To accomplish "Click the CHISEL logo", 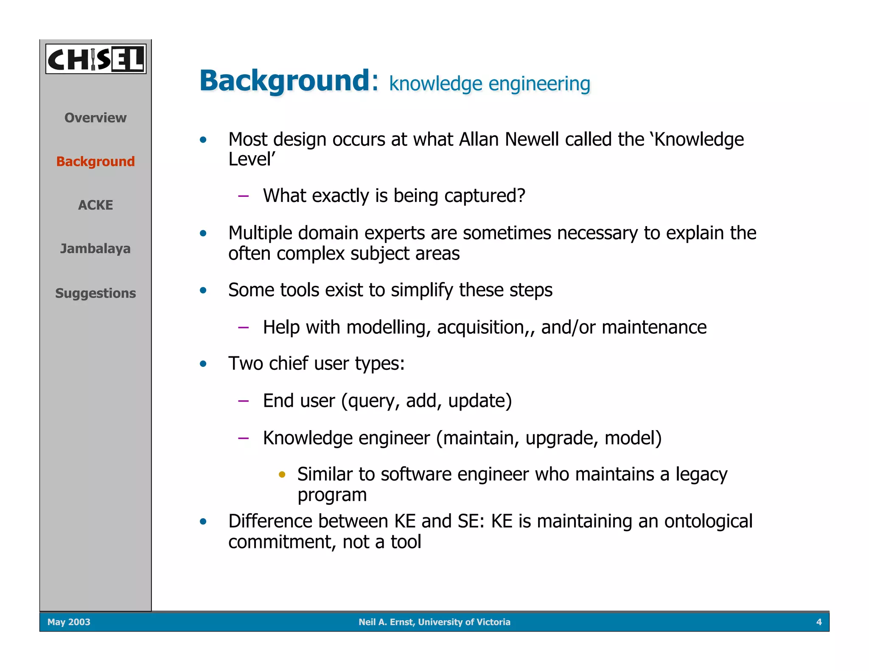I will (96, 59).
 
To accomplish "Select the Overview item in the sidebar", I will (95, 117).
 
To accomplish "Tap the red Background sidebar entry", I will (95, 161).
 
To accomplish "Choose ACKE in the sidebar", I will (95, 205).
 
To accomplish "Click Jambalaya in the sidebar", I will (95, 249).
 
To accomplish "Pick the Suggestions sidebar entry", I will (95, 293).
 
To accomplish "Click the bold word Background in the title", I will (285, 81).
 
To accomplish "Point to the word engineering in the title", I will (539, 84).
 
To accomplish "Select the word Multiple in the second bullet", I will (260, 233).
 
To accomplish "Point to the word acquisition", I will (480, 327).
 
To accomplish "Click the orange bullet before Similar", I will (282, 474).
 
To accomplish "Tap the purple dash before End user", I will (243, 401).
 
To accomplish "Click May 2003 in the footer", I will (69, 622).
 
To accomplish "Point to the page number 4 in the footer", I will (819, 622).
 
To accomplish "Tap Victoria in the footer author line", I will (493, 622).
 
